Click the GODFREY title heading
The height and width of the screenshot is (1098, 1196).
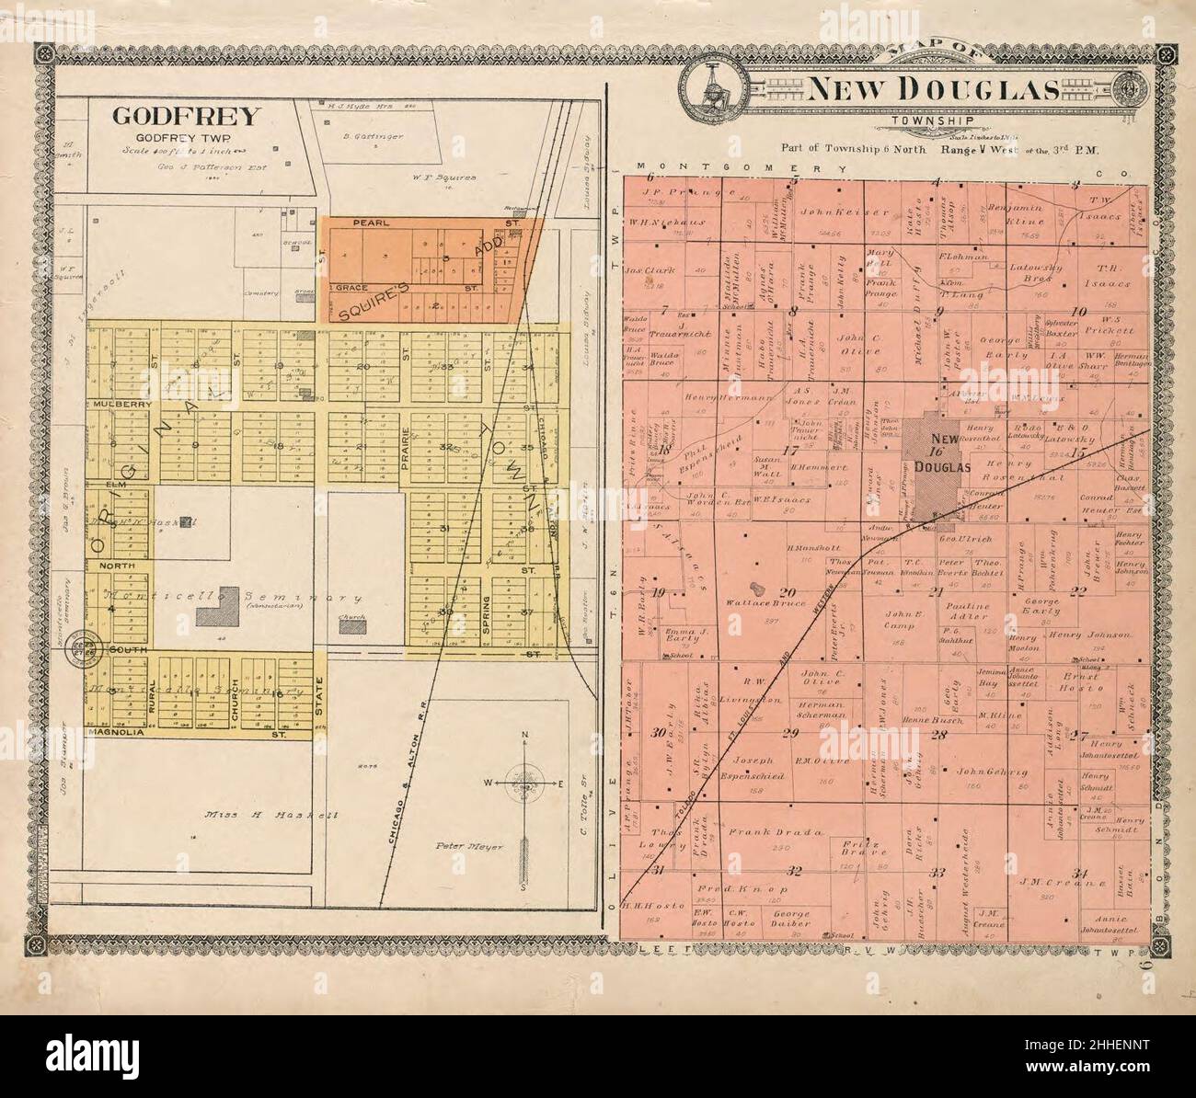pos(187,117)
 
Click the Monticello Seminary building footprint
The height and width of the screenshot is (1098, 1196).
pos(229,608)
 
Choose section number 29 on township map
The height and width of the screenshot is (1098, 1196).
pos(789,733)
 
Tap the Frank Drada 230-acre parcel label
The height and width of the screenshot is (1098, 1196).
pos(761,831)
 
